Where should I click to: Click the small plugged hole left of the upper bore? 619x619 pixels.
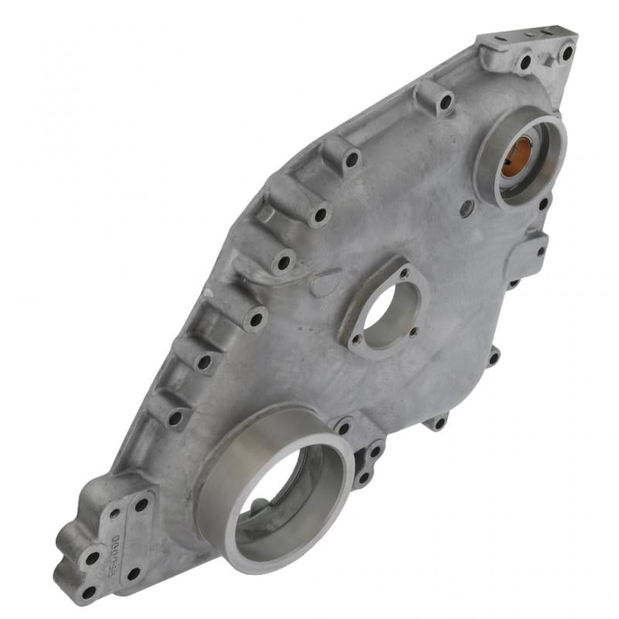pos(464,207)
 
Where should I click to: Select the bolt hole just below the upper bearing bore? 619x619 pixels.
pos(543,204)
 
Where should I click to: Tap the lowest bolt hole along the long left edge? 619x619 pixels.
pos(175,419)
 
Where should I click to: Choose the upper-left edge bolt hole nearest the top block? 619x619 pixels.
pos(446,101)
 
